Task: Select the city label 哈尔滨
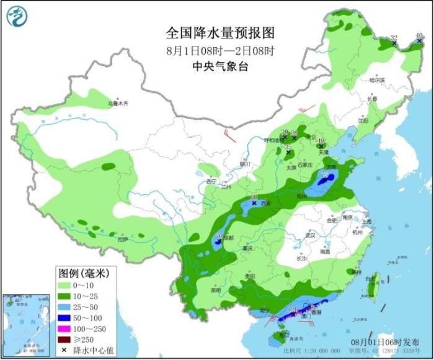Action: [377, 80]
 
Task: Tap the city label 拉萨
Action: [122, 238]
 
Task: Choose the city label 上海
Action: [368, 222]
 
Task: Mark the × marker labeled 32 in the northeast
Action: [394, 43]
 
